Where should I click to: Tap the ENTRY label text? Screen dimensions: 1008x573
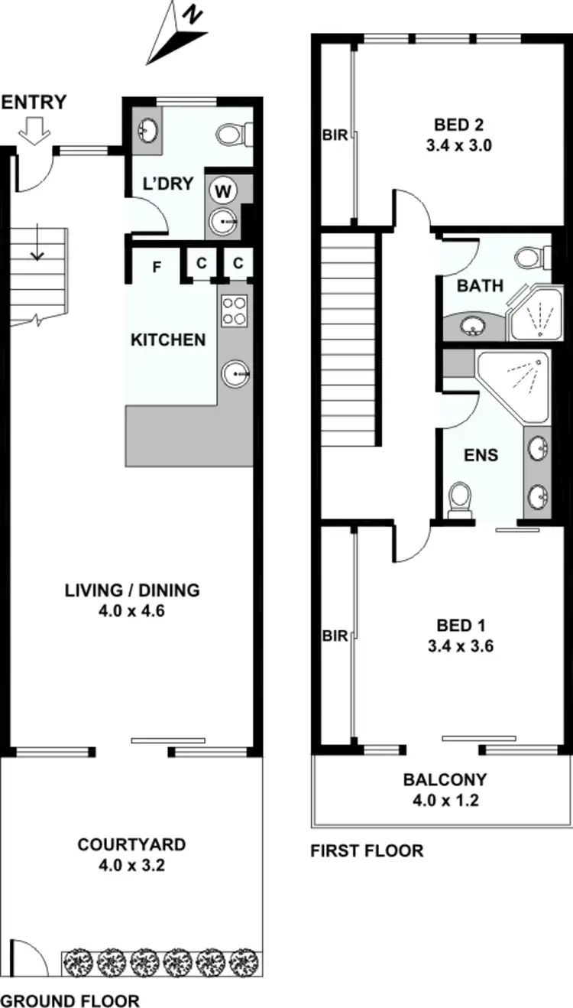point(34,102)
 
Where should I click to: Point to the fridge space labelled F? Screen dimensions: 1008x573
point(157,267)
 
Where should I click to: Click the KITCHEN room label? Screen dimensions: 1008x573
point(169,340)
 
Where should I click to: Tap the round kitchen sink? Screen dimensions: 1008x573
point(235,374)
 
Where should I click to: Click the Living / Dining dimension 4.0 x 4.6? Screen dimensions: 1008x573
point(132,610)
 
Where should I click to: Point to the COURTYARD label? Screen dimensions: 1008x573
point(131,844)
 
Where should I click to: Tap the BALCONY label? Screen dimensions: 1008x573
point(445,780)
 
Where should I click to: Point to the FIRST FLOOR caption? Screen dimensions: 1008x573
point(367,850)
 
